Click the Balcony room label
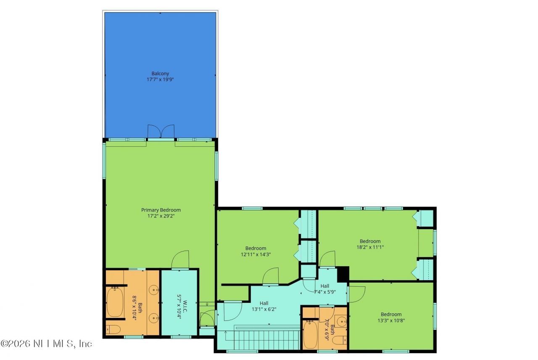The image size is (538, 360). [160, 74]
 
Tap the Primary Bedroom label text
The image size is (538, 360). [161, 210]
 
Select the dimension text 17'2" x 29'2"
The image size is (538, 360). [161, 216]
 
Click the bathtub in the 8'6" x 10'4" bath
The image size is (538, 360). [114, 302]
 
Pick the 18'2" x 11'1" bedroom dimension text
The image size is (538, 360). [370, 247]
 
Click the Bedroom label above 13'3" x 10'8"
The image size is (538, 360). [391, 314]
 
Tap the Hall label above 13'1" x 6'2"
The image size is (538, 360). [264, 303]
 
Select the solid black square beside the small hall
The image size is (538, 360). [343, 274]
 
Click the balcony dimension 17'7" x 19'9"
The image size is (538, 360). [160, 79]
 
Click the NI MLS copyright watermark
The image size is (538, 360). [46, 344]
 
